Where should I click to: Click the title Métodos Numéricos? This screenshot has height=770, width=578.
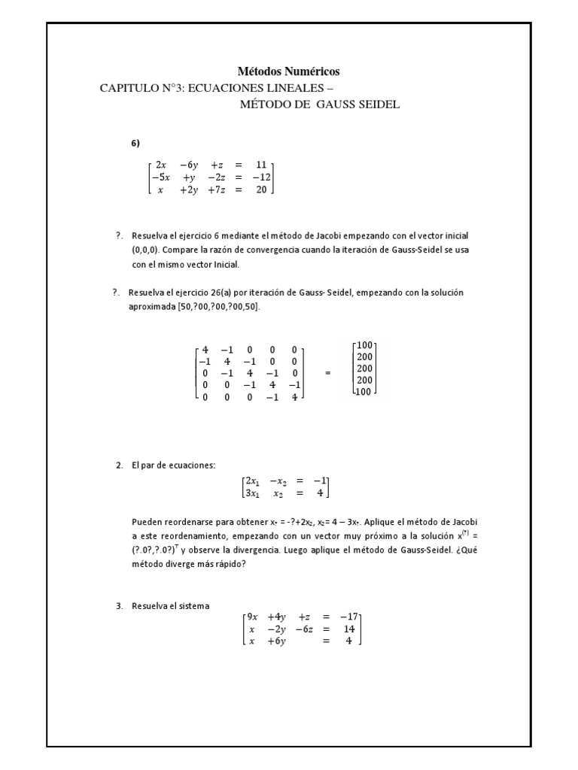pyautogui.click(x=289, y=71)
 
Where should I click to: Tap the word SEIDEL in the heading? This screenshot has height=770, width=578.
pyautogui.click(x=380, y=104)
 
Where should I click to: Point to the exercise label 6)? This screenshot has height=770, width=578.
pyautogui.click(x=136, y=143)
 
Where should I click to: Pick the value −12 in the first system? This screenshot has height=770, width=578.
pyautogui.click(x=260, y=177)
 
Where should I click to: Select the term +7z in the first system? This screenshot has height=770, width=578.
pyautogui.click(x=218, y=190)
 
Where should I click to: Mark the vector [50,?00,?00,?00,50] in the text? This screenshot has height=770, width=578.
pyautogui.click(x=218, y=306)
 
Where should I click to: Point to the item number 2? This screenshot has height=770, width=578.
pyautogui.click(x=120, y=465)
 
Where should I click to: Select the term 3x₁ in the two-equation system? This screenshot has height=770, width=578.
pyautogui.click(x=251, y=493)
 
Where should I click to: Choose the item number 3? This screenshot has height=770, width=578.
pyautogui.click(x=120, y=605)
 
